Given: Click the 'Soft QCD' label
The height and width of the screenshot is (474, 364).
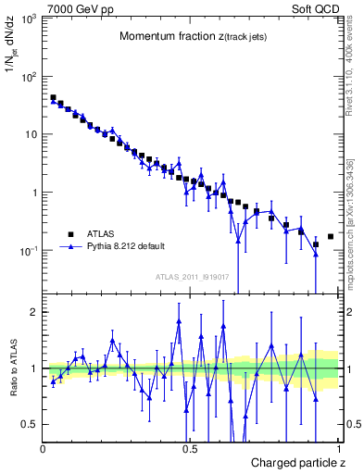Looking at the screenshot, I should pyautogui.click(x=318, y=7).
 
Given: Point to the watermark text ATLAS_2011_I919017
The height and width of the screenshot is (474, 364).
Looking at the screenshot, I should pyautogui.click(x=192, y=276).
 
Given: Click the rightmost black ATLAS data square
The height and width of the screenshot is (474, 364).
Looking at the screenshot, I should pyautogui.click(x=331, y=237).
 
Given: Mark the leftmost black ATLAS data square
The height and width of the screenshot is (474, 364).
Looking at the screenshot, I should pyautogui.click(x=53, y=97).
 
